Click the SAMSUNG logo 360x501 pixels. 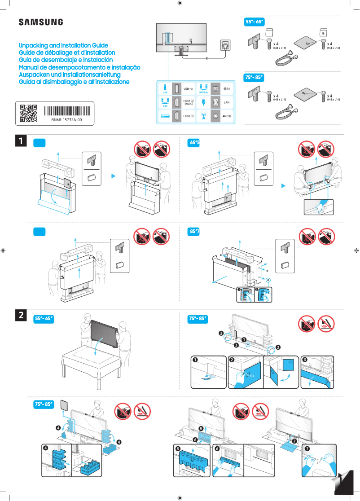pos(40,22)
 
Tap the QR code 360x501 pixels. pos(28,114)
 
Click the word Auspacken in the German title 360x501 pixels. pos(34,75)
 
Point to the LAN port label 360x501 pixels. pos(226,103)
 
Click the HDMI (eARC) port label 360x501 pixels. pos(189,103)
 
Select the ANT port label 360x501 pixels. pos(226,116)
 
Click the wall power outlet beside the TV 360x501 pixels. pos(225,45)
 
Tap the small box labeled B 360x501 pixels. pos(322,33)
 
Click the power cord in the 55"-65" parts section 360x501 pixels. pos(285,58)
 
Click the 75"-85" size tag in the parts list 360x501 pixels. pos(254,78)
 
